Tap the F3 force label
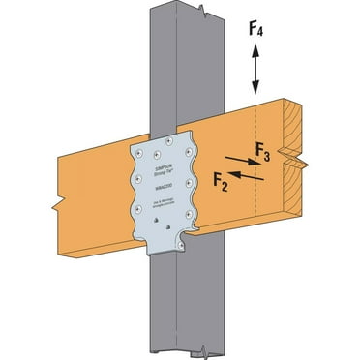[x=262, y=149]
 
